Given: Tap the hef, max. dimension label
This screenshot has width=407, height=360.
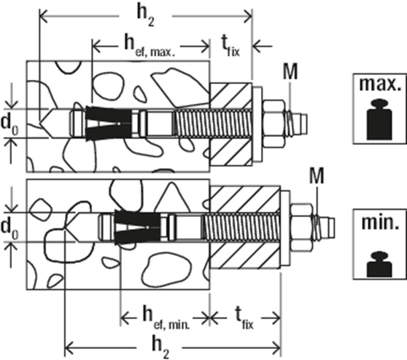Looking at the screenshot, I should tap(149, 46).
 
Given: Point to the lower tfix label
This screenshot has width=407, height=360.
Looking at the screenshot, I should tap(244, 317).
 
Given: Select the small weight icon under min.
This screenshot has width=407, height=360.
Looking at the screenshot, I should tap(379, 264).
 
